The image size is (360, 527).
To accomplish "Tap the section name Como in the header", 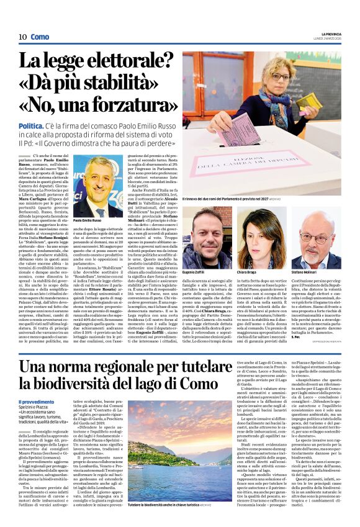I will (x=40, y=37).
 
